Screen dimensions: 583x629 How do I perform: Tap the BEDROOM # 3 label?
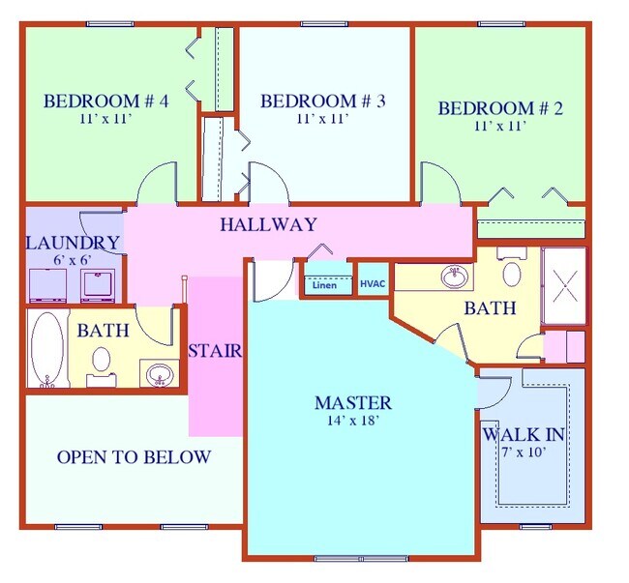tap(323, 100)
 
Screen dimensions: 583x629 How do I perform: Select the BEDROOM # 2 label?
tap(500, 107)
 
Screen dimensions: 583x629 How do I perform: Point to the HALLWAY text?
tap(267, 225)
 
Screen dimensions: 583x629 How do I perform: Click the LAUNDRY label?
tap(73, 242)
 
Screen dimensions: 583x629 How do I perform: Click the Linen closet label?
tap(323, 285)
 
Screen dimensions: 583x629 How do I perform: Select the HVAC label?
tap(373, 284)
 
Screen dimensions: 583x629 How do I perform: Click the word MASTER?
tap(353, 402)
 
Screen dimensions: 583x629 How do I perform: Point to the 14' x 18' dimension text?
tap(353, 421)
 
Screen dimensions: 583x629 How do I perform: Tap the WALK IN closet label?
tap(524, 433)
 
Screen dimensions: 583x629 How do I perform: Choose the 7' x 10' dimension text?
tap(524, 452)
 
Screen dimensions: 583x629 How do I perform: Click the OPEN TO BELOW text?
tap(134, 457)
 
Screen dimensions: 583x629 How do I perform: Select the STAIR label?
tap(215, 350)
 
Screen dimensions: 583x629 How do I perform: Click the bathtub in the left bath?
tap(45, 349)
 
